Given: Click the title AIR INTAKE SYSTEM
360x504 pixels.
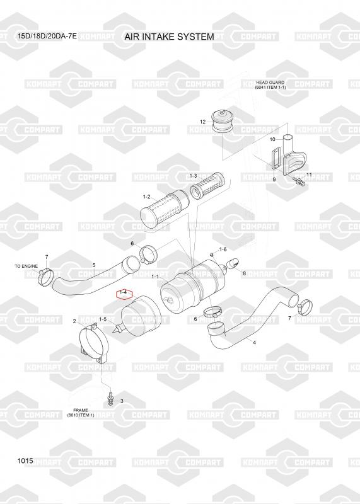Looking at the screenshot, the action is [x=169, y=37].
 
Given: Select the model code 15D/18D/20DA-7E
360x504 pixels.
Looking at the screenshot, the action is [x=47, y=36].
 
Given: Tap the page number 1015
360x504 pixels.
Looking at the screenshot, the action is [x=25, y=461].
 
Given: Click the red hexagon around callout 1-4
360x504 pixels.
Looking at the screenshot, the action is [x=124, y=294].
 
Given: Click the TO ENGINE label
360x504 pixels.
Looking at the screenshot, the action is [x=26, y=266].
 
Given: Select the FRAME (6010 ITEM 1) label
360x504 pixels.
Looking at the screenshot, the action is [x=81, y=413].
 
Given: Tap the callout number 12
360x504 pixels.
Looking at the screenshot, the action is [x=202, y=122].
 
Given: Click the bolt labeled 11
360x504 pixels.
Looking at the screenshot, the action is [x=300, y=182].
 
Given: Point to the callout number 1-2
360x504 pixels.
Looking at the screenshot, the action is [x=147, y=197].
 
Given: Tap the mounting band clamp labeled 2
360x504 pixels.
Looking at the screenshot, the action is [x=93, y=343].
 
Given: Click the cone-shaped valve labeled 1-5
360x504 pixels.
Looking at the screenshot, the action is [x=117, y=328].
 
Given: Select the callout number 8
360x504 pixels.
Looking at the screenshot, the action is [x=245, y=273].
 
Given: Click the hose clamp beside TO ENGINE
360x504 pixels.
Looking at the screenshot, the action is [x=45, y=277].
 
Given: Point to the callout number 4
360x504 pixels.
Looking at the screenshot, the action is [x=255, y=343].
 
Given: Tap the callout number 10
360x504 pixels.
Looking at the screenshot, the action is [x=272, y=139].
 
